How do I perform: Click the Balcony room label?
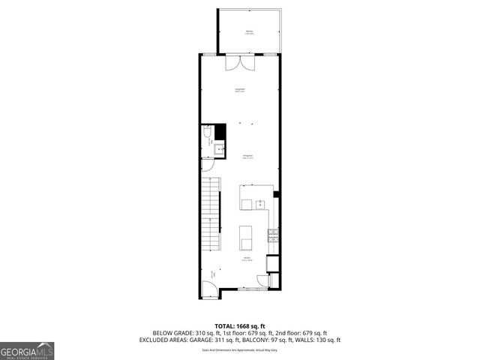pos(249,32)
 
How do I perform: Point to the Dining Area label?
pos(248,157)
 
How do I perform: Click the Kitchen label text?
pos(247,259)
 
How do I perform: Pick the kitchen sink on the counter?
pos(259,203)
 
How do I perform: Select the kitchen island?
pos(245,237)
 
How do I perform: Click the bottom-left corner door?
pos(209,287)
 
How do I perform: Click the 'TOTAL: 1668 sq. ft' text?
pos(239,325)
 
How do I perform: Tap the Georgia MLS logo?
pos(28,349)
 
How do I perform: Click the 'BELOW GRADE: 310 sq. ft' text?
pos(182,332)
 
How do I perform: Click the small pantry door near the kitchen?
pos(263,281)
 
